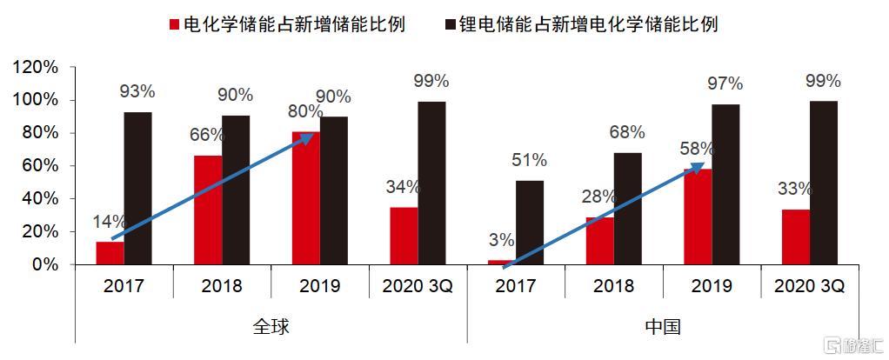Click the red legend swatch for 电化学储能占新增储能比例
click(x=174, y=24)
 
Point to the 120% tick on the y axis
click(x=36, y=68)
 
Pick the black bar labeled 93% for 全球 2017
click(x=137, y=188)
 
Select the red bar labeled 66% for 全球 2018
click(x=208, y=210)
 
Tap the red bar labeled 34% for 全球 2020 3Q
click(x=404, y=235)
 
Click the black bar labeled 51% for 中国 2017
click(x=530, y=222)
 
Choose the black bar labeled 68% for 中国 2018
click(x=627, y=208)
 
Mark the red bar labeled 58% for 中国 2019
click(x=698, y=216)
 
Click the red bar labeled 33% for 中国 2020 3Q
click(x=795, y=237)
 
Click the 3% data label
click(x=502, y=240)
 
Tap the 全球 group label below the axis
click(x=271, y=327)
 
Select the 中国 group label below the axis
click(x=663, y=327)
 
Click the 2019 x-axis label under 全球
click(x=319, y=285)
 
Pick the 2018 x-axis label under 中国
click(x=613, y=285)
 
